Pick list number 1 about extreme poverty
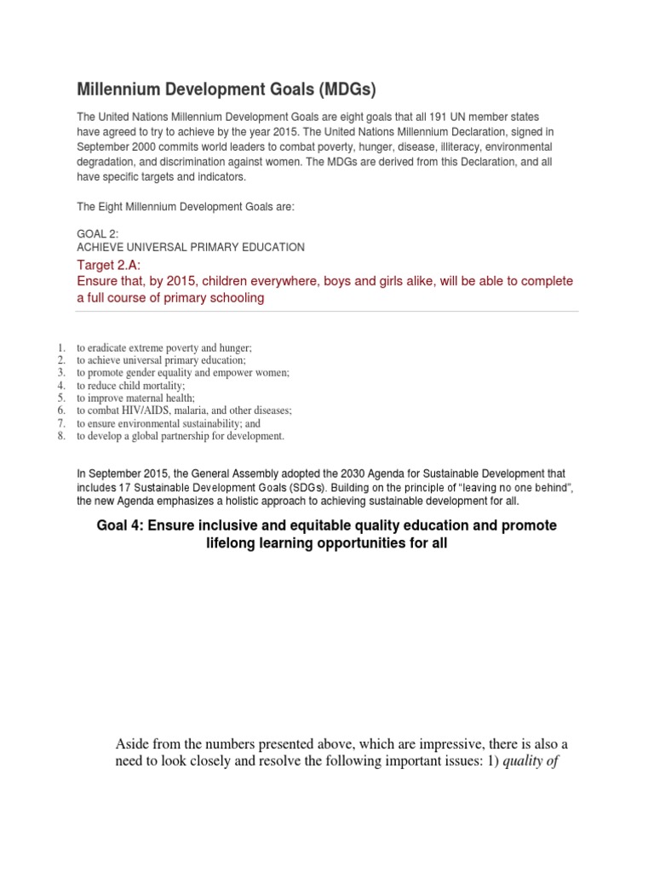pos(60,347)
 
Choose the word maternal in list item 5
pos(148,398)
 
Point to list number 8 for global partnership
pos(60,436)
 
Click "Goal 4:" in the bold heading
pos(119,526)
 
